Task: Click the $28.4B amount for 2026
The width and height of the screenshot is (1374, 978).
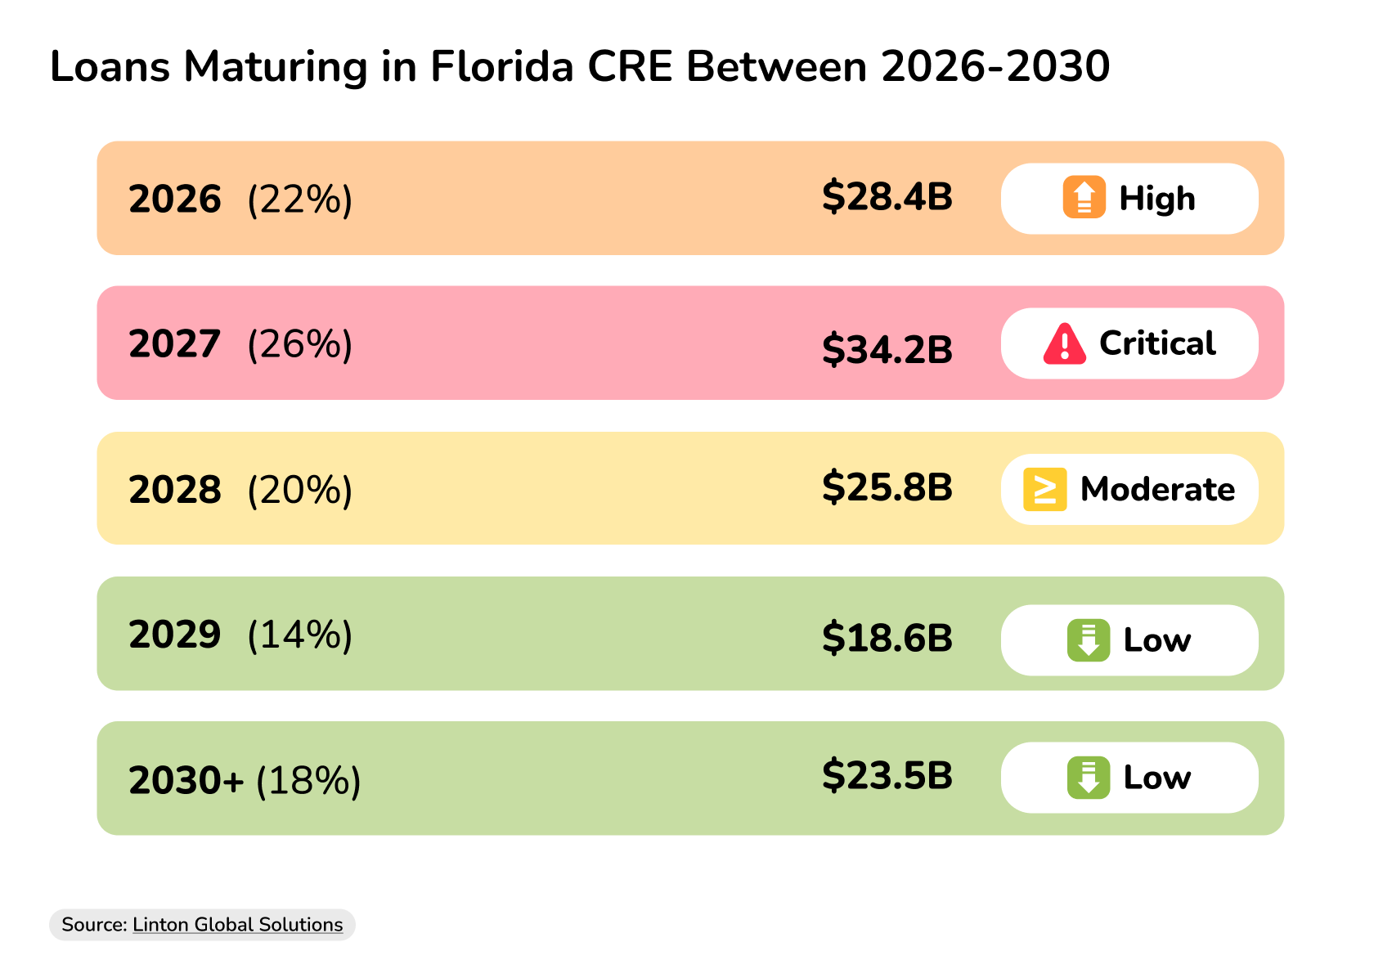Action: [887, 197]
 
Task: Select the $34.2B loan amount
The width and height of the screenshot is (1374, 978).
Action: [887, 349]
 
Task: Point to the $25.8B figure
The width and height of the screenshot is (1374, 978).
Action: [887, 487]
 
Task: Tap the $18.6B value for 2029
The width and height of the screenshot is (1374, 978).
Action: [887, 638]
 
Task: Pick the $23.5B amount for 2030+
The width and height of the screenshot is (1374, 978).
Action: [887, 775]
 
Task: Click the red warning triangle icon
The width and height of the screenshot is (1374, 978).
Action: [1064, 343]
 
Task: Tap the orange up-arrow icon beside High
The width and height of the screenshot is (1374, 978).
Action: [1084, 197]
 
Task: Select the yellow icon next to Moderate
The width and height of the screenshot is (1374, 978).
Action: [1044, 489]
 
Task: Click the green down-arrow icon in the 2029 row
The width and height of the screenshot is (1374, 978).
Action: [1088, 640]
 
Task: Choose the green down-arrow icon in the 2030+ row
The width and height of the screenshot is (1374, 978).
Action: [1088, 778]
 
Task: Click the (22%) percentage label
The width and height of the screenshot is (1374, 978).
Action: [300, 200]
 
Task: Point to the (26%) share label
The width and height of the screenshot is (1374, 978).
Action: [300, 344]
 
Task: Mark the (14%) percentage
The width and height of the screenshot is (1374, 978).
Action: [300, 635]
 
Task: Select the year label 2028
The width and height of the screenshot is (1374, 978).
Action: [175, 490]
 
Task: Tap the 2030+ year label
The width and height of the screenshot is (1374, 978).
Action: [186, 781]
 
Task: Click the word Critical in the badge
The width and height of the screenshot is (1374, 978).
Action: [1156, 343]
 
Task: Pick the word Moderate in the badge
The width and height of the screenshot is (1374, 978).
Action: [1157, 489]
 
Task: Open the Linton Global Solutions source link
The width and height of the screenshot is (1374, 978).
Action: [237, 925]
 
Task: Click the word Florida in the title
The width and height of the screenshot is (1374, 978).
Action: [502, 66]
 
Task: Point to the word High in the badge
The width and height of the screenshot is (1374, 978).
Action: [1156, 198]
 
